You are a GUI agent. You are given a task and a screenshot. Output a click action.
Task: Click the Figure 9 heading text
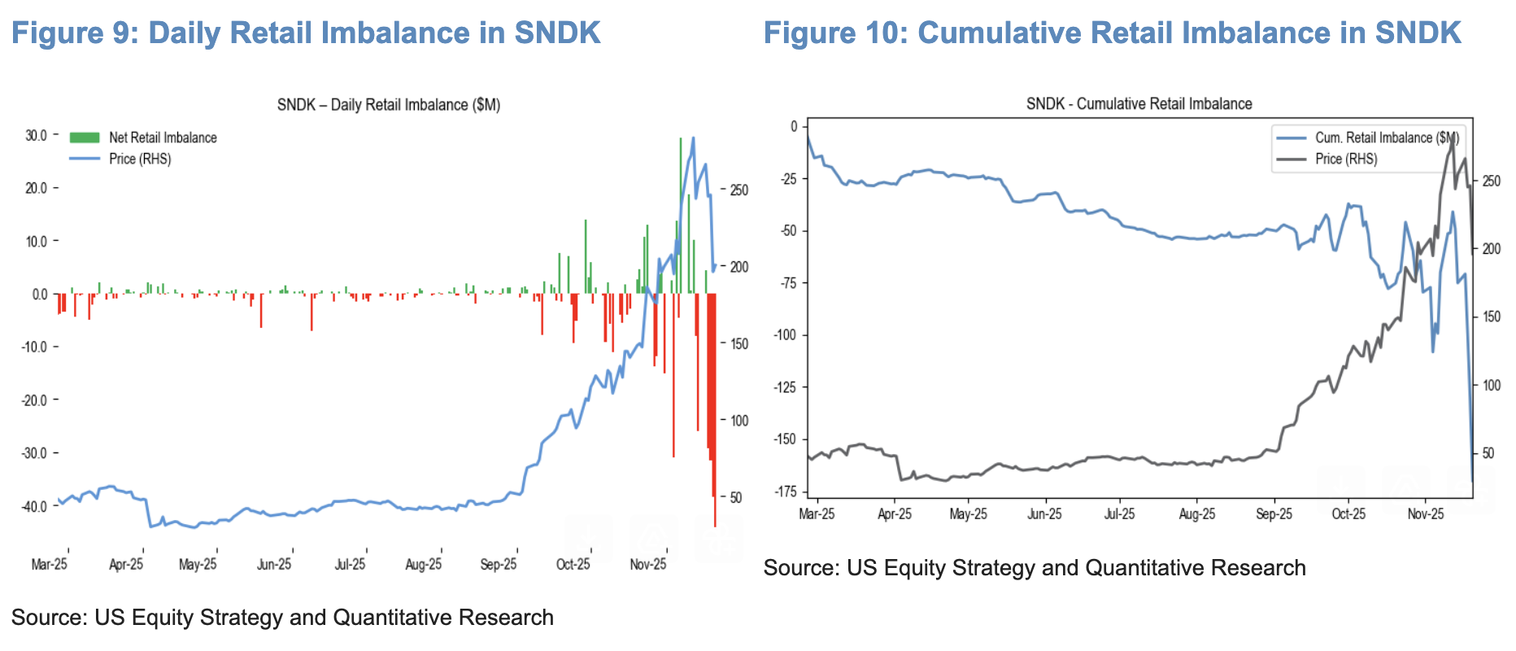click(x=306, y=33)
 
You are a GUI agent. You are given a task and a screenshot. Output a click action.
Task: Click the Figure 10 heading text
click(x=1112, y=33)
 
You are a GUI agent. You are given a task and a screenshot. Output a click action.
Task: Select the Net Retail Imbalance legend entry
click(x=163, y=138)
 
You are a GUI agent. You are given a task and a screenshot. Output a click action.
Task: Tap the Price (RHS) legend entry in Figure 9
click(x=140, y=159)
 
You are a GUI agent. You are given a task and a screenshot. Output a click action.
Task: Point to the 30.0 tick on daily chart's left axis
click(x=37, y=135)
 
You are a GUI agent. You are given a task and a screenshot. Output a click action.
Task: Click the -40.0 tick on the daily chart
click(x=34, y=506)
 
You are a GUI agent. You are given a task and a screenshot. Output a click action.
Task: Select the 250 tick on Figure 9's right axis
click(x=738, y=190)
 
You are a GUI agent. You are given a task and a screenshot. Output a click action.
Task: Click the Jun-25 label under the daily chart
click(x=274, y=564)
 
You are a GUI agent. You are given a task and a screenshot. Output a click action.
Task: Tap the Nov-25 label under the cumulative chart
click(x=1425, y=513)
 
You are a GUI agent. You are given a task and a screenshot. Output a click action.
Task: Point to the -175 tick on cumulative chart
click(x=786, y=492)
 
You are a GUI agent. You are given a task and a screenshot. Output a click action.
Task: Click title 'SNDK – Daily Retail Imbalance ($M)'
click(x=388, y=105)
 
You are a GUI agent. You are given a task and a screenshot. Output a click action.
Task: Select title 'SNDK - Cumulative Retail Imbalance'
click(x=1139, y=104)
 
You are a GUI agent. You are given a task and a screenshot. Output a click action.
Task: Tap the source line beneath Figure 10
click(x=1034, y=567)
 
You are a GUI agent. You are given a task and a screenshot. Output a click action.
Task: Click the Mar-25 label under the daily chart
click(x=49, y=564)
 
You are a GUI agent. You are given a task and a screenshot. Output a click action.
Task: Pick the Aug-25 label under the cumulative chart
click(x=1196, y=513)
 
